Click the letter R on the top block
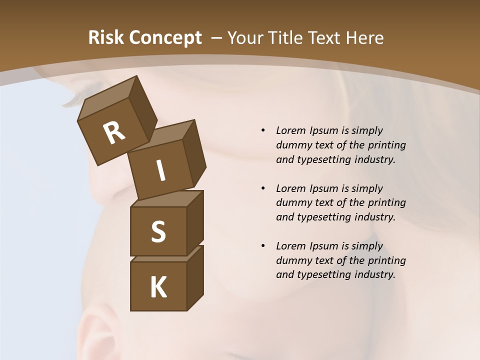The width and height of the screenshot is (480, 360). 114,133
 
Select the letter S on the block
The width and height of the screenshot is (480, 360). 158,231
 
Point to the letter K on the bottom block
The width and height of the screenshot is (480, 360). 158,287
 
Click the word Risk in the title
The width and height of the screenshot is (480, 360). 105,37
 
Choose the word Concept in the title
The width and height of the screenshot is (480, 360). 165,37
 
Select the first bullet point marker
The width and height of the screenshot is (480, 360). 263,130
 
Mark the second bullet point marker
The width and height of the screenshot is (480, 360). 263,188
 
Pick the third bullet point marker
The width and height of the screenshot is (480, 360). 263,246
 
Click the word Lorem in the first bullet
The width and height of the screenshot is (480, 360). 290,130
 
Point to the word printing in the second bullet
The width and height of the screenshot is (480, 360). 387,203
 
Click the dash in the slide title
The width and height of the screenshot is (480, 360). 217,38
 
